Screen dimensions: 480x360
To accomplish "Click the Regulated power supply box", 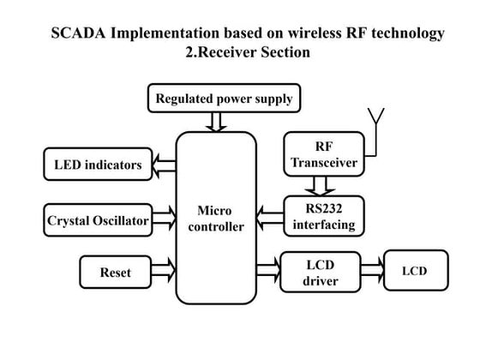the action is tap(224, 98).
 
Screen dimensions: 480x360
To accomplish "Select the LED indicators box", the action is tap(98, 164).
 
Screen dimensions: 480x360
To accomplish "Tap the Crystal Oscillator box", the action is tap(98, 220).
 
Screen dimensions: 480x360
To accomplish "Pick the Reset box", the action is tap(116, 272).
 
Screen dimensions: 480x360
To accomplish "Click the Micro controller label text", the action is tap(216, 219).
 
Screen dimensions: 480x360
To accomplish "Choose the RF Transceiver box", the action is tap(324, 154).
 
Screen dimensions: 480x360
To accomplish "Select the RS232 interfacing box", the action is tap(324, 216).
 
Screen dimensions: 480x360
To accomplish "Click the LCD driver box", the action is tap(321, 273).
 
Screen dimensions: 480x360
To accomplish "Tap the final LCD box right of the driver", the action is tap(416, 270).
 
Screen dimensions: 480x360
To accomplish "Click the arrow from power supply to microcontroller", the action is tap(216, 122).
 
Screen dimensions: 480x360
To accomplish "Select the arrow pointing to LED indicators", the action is tap(164, 165).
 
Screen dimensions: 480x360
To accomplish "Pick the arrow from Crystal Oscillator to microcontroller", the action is tap(164, 218).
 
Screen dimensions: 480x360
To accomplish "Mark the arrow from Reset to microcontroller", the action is tap(163, 270).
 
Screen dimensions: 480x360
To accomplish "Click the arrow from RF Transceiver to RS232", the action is tap(320, 186).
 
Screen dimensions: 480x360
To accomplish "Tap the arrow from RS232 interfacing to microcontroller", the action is tap(270, 218).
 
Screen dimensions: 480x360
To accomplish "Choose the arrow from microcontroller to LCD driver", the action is tap(268, 270).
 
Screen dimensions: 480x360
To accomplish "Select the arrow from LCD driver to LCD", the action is tap(372, 270).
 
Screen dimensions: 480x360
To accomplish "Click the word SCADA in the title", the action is tap(78, 33).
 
